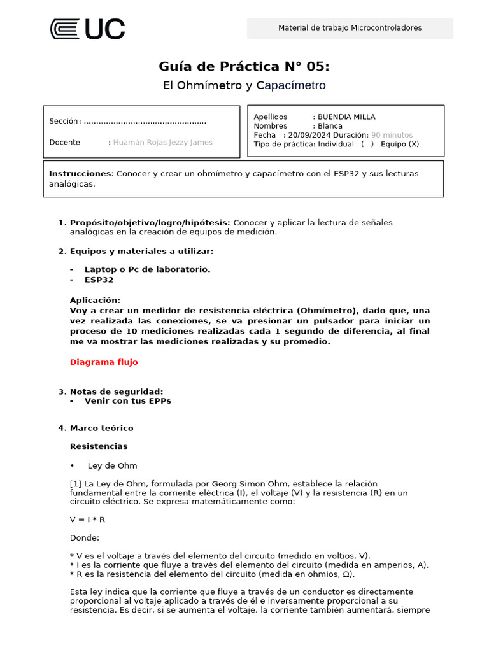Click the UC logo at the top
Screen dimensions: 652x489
pos(87,29)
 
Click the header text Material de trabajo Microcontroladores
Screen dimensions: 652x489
pos(350,28)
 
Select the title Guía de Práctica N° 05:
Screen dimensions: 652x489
pos(244,67)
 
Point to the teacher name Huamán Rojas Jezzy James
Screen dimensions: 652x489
pos(163,143)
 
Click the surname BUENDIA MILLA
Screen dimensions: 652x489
pos(346,117)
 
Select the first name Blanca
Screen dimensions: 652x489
pos(330,126)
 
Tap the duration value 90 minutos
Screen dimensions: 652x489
pos(392,135)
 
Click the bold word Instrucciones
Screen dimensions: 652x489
pos(80,174)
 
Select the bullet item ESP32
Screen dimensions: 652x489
pos(99,280)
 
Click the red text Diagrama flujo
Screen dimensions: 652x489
pos(104,362)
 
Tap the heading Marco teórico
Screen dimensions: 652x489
pos(101,429)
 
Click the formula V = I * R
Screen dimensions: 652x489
pos(87,520)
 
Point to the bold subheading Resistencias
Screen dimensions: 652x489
pos(99,446)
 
